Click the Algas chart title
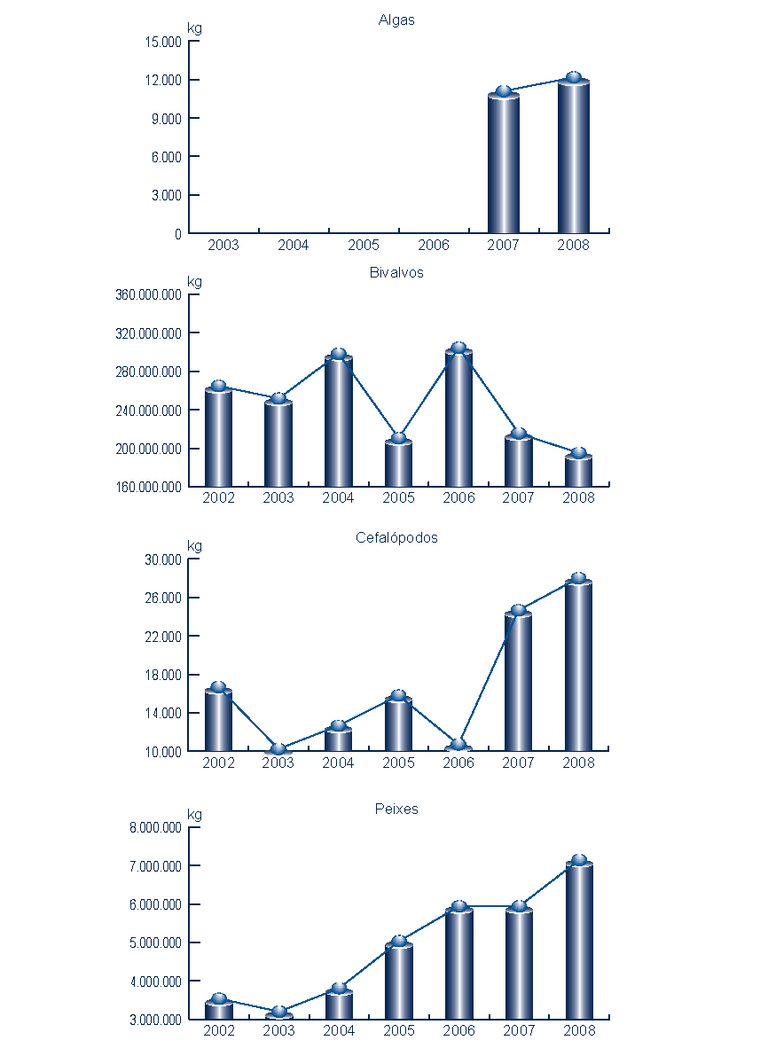point(396,20)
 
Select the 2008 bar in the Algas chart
point(574,157)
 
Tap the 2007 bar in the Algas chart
point(504,164)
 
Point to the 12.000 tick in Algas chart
point(165,80)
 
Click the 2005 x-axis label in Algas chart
point(364,245)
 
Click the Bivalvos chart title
point(396,272)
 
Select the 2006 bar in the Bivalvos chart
point(458,418)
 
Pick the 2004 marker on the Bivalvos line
point(338,354)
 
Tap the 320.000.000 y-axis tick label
point(149,333)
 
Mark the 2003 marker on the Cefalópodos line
point(278,749)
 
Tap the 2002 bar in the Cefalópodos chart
point(218,720)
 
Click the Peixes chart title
point(396,809)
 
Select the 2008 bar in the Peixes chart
point(579,941)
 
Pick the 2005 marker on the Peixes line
point(399,941)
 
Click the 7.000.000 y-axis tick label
point(155,866)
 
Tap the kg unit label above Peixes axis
point(194,815)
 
